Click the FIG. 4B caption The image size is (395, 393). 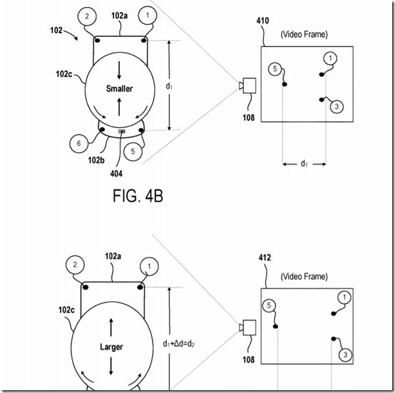(138, 196)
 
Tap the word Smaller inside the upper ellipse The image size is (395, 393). (119, 88)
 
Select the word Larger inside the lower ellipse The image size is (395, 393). (111, 347)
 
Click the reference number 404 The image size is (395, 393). (116, 174)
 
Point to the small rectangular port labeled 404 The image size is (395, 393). (122, 131)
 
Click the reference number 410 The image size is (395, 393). (262, 21)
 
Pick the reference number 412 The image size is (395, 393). (265, 258)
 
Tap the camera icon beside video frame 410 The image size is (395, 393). (247, 85)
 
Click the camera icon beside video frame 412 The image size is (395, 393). (247, 327)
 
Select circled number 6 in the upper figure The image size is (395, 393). (78, 143)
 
